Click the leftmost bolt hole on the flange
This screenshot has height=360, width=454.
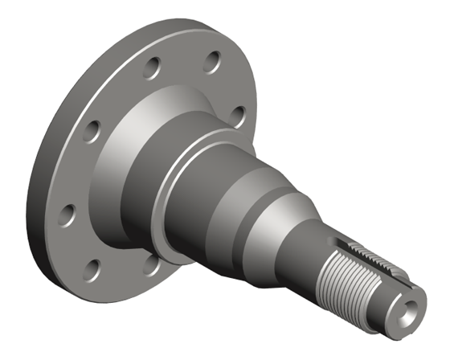67,215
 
